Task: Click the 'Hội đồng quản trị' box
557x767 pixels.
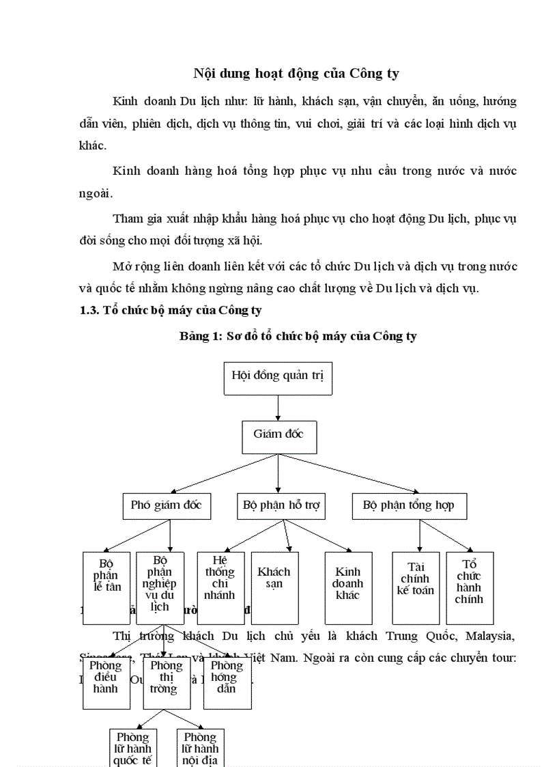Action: [278, 378]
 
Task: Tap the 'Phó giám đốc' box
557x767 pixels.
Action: [166, 506]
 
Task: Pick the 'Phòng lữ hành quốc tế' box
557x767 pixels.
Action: [132, 748]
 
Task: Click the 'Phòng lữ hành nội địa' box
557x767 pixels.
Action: [200, 748]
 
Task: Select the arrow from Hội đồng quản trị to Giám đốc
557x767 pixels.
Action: [278, 408]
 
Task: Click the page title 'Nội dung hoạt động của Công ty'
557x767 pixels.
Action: [296, 74]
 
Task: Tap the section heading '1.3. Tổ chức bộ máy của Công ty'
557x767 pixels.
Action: [171, 310]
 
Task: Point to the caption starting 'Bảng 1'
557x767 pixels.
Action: [298, 336]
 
